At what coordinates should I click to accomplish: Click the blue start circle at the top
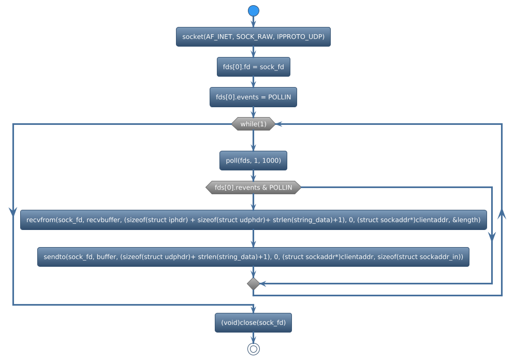coord(253,11)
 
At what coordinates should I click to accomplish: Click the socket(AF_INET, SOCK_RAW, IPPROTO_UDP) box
coord(253,37)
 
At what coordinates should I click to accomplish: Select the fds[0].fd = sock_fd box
coord(253,67)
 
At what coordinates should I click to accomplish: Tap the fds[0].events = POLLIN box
coord(253,97)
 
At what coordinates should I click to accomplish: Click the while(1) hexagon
coord(253,124)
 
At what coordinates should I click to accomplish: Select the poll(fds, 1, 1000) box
coord(253,161)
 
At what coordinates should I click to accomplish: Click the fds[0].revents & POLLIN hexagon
coord(253,188)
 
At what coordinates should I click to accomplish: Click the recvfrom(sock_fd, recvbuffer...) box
coord(253,220)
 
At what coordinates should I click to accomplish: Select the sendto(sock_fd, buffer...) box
coord(253,256)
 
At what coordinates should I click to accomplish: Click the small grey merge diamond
coord(253,283)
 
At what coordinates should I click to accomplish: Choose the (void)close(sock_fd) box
coord(253,322)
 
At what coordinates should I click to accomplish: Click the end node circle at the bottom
coord(253,349)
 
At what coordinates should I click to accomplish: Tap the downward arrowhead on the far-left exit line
coord(12,211)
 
